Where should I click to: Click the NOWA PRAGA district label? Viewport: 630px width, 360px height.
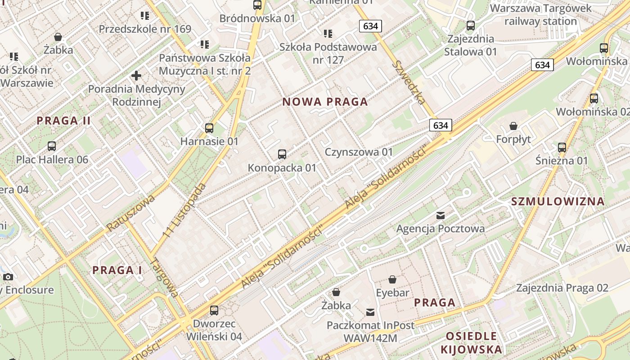pos(325,102)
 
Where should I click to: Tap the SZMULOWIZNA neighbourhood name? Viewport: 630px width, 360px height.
pos(558,202)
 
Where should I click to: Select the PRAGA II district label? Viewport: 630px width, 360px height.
pos(63,121)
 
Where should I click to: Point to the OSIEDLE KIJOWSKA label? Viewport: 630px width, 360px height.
pos(471,342)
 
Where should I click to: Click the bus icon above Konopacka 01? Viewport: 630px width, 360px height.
pos(282,154)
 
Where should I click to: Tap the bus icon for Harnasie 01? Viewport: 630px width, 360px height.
pos(209,128)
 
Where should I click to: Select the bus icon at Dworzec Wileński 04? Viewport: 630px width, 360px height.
pos(214,310)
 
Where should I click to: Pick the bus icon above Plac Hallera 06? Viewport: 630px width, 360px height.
pos(52,146)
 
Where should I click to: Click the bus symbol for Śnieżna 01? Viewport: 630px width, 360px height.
pos(562,147)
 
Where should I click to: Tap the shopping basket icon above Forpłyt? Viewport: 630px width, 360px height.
pos(513,126)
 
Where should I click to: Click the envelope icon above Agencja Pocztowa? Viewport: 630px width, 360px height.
pos(440,216)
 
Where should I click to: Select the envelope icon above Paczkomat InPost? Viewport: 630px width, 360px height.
pos(370,312)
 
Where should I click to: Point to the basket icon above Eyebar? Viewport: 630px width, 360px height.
pos(392,279)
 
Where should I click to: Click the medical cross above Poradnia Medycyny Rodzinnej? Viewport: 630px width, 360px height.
pos(136,76)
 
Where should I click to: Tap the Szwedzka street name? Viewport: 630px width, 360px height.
pos(409,82)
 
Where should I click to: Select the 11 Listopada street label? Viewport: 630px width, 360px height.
pos(185,210)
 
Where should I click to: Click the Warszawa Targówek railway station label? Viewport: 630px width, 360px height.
pos(540,15)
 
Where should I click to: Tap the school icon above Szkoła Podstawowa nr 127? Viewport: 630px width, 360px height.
pos(328,34)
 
